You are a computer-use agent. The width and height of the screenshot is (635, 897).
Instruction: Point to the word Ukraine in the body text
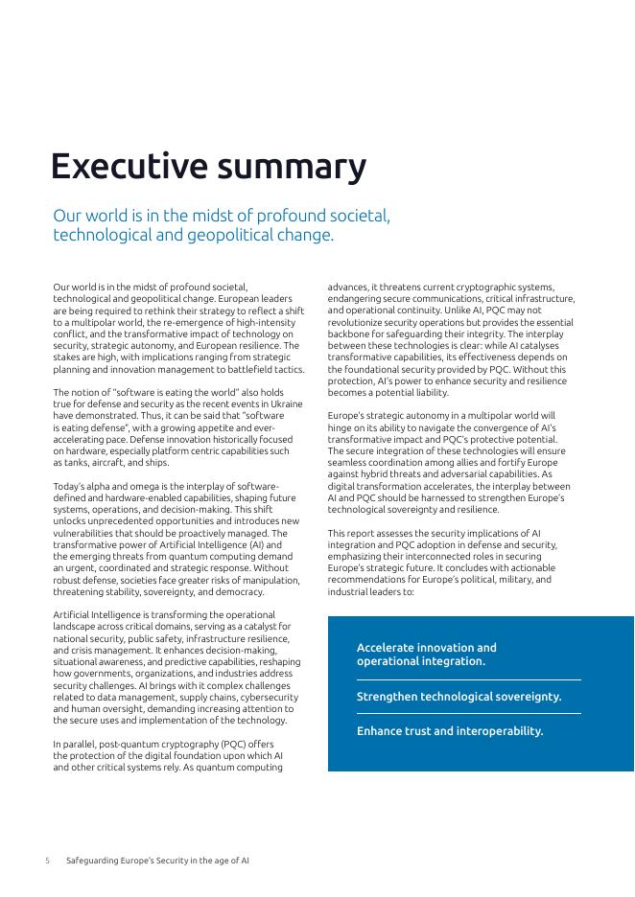pyautogui.click(x=284, y=403)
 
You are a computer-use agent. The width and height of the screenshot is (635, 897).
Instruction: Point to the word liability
pyautogui.click(x=427, y=392)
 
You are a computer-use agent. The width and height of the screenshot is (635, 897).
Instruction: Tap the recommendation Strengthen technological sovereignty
pyautogui.click(x=459, y=697)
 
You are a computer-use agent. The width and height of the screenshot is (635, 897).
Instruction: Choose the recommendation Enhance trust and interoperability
pyautogui.click(x=449, y=731)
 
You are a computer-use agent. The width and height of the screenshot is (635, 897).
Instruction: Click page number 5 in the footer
pyautogui.click(x=47, y=861)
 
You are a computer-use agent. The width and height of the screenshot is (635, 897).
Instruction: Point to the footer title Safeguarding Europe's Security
pyautogui.click(x=157, y=861)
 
